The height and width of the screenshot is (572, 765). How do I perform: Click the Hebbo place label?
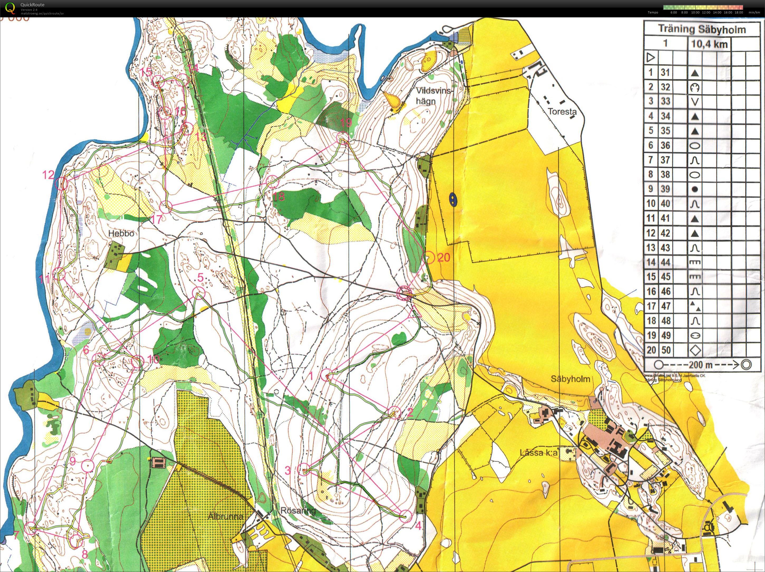pos(121,234)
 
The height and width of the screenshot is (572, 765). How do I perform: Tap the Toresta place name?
pos(562,112)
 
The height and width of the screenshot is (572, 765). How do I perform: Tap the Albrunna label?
pos(226,516)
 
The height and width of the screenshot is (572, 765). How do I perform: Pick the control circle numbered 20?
pos(429,258)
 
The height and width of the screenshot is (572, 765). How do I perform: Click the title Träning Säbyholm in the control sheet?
pos(702,29)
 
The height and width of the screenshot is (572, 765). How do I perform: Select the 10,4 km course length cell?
pos(709,44)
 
